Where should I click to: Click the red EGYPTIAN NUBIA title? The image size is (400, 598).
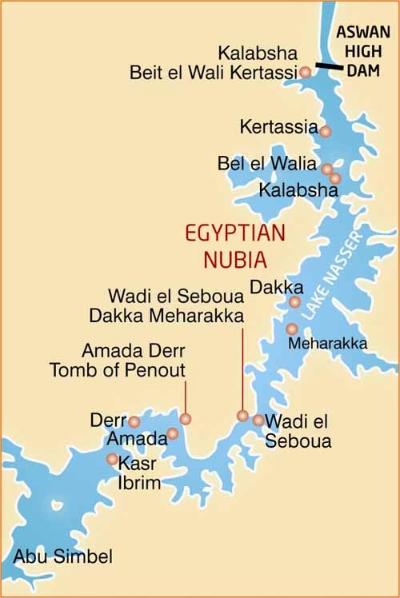(x=226, y=247)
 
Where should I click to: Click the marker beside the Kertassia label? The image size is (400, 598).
(x=326, y=130)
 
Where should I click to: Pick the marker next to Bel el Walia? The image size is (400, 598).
(x=327, y=169)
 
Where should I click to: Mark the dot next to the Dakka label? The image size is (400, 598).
(x=294, y=302)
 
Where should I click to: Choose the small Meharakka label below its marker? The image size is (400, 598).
(x=328, y=344)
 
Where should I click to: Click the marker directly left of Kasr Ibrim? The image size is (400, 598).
(x=112, y=458)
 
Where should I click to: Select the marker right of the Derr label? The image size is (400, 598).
(x=134, y=421)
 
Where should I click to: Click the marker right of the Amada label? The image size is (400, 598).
(x=172, y=434)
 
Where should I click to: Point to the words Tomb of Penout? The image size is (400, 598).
(x=117, y=369)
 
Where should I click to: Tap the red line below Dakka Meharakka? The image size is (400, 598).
(x=242, y=368)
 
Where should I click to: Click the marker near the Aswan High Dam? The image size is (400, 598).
(x=305, y=72)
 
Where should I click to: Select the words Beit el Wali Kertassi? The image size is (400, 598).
(x=214, y=73)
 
